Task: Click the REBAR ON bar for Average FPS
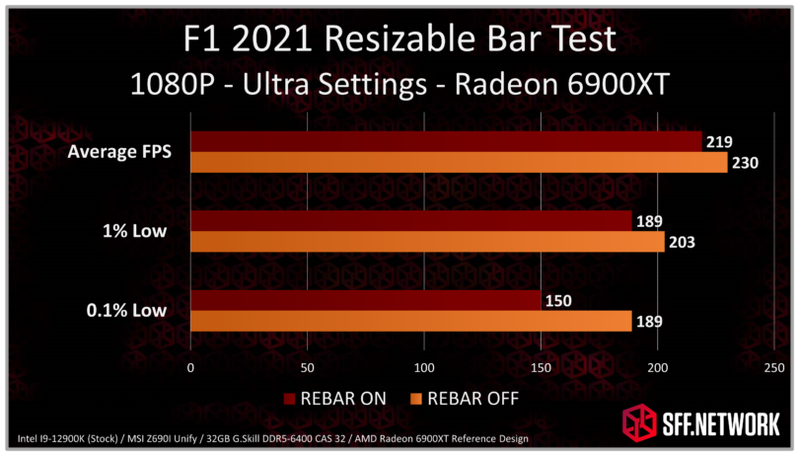pos(445,142)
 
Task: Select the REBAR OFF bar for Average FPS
pos(458,163)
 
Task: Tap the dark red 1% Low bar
pos(410,221)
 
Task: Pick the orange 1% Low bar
pos(426,242)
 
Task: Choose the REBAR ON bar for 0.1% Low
pos(365,301)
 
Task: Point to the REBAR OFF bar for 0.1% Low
pos(410,321)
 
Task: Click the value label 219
pos(718,142)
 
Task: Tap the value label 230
pos(744,163)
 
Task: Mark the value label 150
pos(557,301)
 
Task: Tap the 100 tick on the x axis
pos(424,367)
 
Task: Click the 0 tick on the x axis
pos(190,367)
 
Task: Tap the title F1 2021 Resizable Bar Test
pos(400,40)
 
